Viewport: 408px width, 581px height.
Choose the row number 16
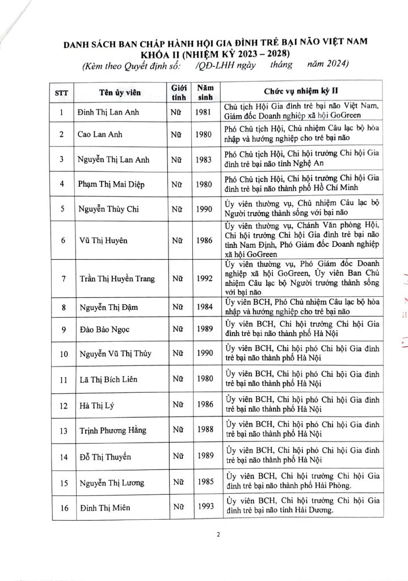[x=61, y=508]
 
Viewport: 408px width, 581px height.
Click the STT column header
[x=61, y=91]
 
